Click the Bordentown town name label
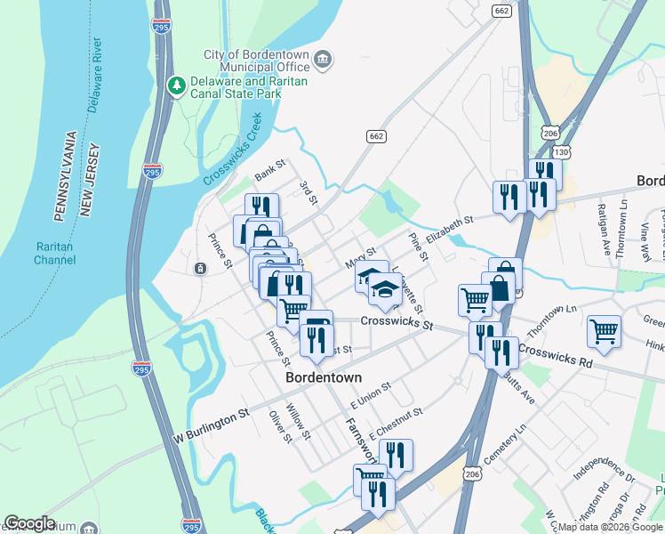pyautogui.click(x=324, y=377)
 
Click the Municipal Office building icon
pyautogui.click(x=322, y=60)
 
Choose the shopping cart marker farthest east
pyautogui.click(x=605, y=331)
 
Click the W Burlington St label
pyautogui.click(x=212, y=425)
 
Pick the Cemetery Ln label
pyautogui.click(x=528, y=437)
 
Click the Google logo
pyautogui.click(x=29, y=523)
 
